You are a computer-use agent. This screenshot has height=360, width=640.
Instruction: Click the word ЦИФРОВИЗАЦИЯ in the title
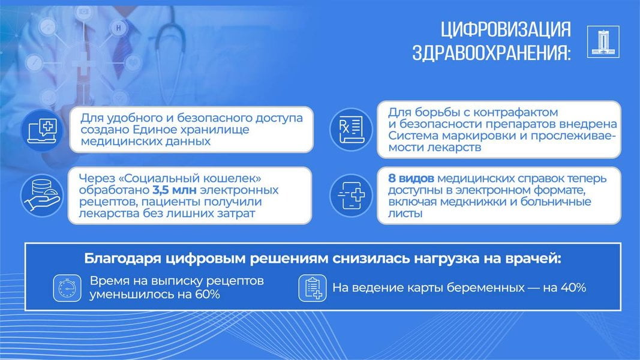coord(506,29)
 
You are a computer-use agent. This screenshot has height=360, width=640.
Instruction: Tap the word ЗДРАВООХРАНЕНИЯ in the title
coord(491,53)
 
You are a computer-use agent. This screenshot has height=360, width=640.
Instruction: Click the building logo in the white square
coord(603,41)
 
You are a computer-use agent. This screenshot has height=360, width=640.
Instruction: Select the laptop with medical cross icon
coord(42,130)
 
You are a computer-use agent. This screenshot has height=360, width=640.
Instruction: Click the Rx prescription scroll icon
coord(351,130)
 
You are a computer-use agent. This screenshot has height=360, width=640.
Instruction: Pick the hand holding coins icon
coord(42,194)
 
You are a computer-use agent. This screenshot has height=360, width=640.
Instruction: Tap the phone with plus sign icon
coord(351,194)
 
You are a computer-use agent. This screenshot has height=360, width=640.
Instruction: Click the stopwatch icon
coord(67,288)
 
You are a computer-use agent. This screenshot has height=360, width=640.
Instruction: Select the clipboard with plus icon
coord(313,288)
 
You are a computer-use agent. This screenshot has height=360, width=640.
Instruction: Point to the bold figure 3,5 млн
coord(175,190)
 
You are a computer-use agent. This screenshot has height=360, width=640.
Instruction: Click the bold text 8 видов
coord(411,178)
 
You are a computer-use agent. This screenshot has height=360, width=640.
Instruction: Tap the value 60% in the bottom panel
coord(208,294)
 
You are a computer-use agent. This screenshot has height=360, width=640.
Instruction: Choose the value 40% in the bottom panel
coord(573,288)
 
